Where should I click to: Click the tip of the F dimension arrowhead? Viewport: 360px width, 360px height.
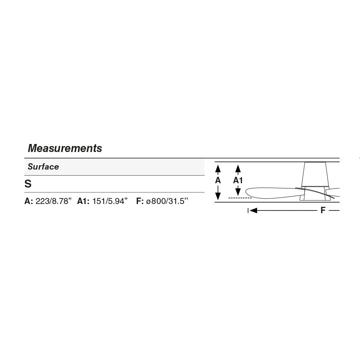[x=250, y=210]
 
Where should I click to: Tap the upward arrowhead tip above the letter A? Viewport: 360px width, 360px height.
[x=218, y=165]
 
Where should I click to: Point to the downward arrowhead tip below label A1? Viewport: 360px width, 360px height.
[x=238, y=196]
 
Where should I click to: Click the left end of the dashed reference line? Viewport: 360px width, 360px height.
[x=229, y=198]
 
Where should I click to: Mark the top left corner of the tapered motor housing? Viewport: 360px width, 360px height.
[x=305, y=162]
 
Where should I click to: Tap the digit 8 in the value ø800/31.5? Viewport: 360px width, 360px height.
[x=154, y=201]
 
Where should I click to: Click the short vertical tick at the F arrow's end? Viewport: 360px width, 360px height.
[x=248, y=210]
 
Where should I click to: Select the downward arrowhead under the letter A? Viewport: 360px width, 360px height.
[x=218, y=196]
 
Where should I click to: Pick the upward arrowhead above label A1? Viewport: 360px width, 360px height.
[x=238, y=169]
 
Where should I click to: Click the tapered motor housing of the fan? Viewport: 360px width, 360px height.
[x=315, y=174]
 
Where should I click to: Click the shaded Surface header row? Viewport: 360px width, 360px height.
[x=114, y=167]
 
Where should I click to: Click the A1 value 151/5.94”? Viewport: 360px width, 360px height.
[x=110, y=201]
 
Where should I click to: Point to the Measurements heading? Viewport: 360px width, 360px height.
[x=65, y=148]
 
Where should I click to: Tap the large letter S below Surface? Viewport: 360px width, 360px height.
[x=28, y=184]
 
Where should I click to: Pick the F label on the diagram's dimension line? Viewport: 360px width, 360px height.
[x=323, y=210]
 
